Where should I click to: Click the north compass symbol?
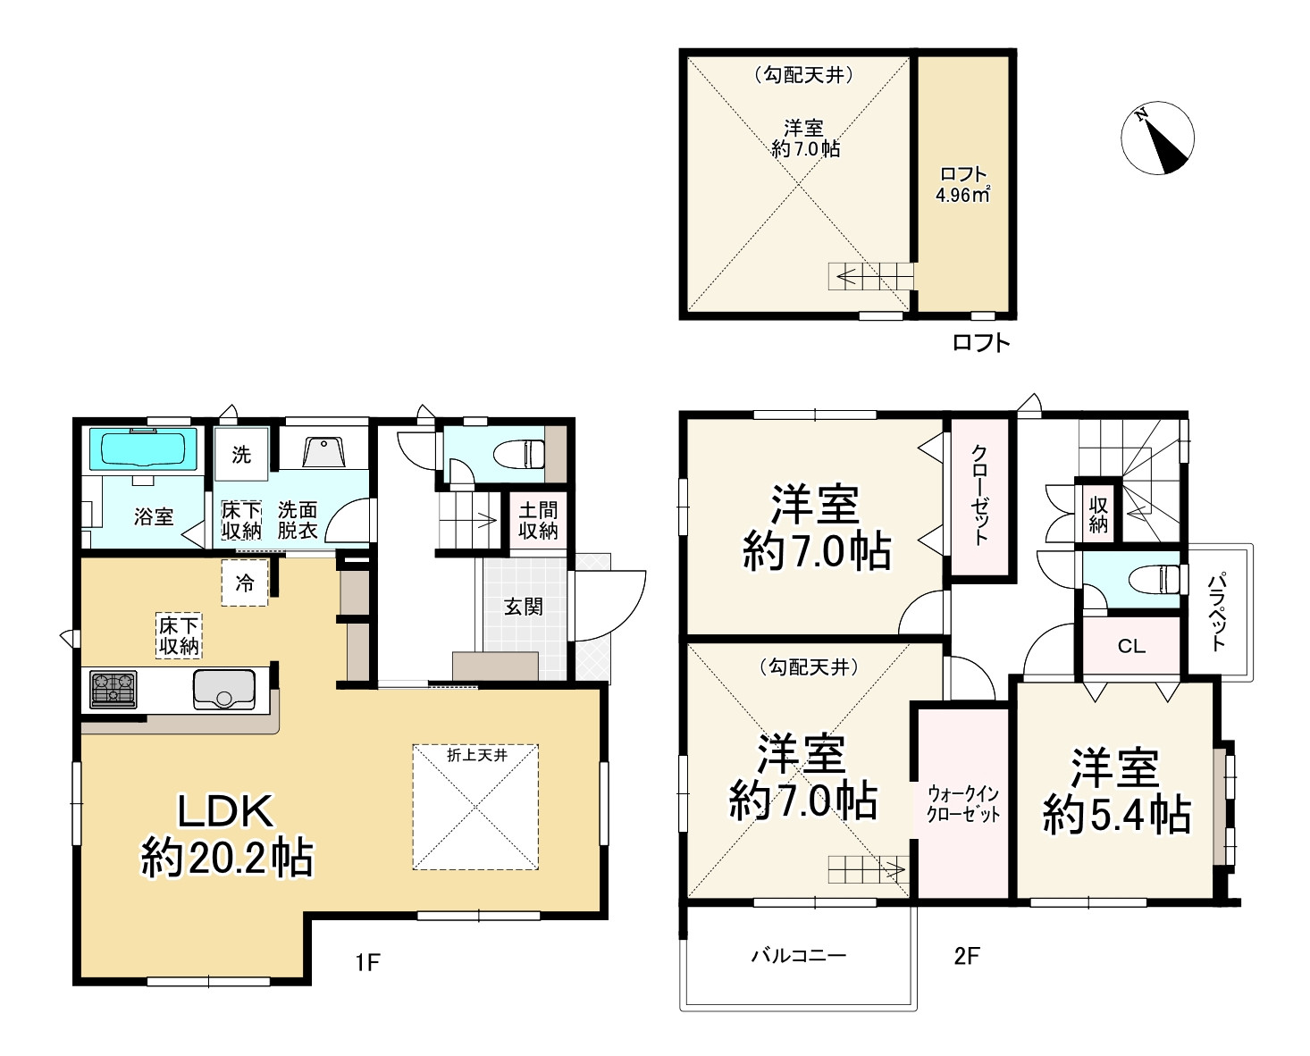pos(1157,138)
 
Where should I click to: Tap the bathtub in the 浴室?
pos(143,449)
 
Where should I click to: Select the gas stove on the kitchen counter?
pos(113,690)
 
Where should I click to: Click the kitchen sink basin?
pos(224,690)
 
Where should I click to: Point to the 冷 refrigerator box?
pos(245,582)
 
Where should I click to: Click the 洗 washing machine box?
pos(241,454)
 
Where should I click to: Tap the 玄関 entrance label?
pos(523,607)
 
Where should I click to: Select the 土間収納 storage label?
pos(538,520)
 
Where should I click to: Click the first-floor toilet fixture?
pos(518,454)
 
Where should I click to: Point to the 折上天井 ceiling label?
pos(476,755)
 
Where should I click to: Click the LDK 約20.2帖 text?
pos(226,834)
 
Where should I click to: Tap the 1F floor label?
pos(367,961)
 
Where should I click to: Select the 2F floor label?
pos(967,956)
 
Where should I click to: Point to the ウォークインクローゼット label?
pos(963,804)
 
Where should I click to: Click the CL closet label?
pos(1131,646)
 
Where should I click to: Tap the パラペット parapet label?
pos(1217,612)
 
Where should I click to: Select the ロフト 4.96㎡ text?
pos(962,184)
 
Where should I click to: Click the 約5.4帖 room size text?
pos(1117,815)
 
